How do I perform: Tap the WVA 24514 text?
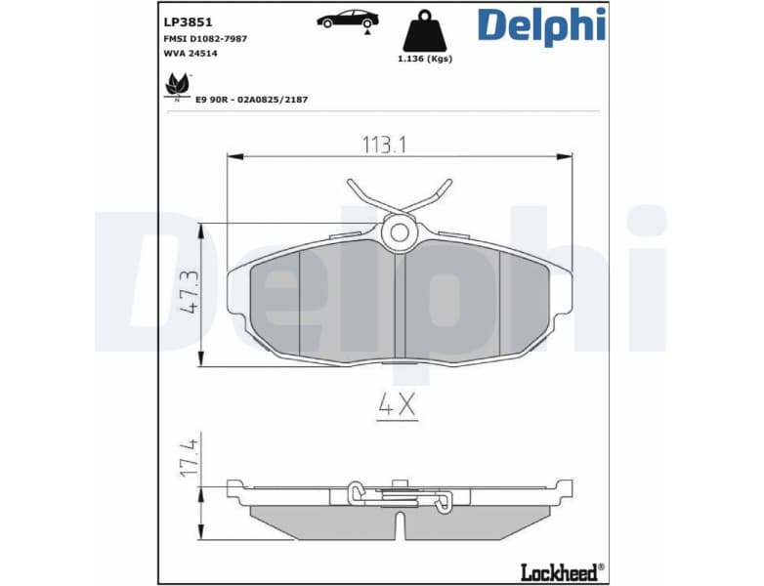pyautogui.click(x=190, y=54)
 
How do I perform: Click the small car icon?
pyautogui.click(x=348, y=20)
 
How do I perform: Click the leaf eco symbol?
pyautogui.click(x=176, y=84)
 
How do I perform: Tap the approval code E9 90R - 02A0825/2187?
pyautogui.click(x=251, y=100)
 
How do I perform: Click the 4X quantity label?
pyautogui.click(x=398, y=405)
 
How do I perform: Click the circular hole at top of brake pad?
pyautogui.click(x=399, y=232)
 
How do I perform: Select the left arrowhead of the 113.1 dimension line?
pyautogui.click(x=233, y=155)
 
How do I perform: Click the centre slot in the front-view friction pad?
pyautogui.click(x=399, y=303)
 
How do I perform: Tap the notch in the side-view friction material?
pyautogui.click(x=400, y=525)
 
